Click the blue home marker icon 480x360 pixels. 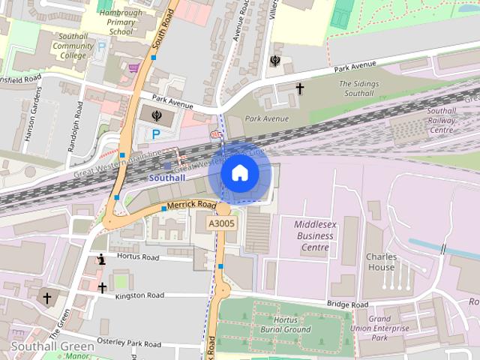[239, 172]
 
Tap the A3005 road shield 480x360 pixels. [221, 223]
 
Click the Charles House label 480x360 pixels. [381, 262]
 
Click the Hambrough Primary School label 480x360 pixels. [121, 22]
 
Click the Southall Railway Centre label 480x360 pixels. [441, 120]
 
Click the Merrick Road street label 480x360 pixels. [191, 205]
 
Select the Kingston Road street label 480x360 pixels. [139, 296]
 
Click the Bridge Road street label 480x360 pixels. [347, 304]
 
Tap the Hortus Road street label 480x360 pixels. [138, 257]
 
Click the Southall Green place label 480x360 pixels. [52, 346]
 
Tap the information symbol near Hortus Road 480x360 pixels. [101, 260]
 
